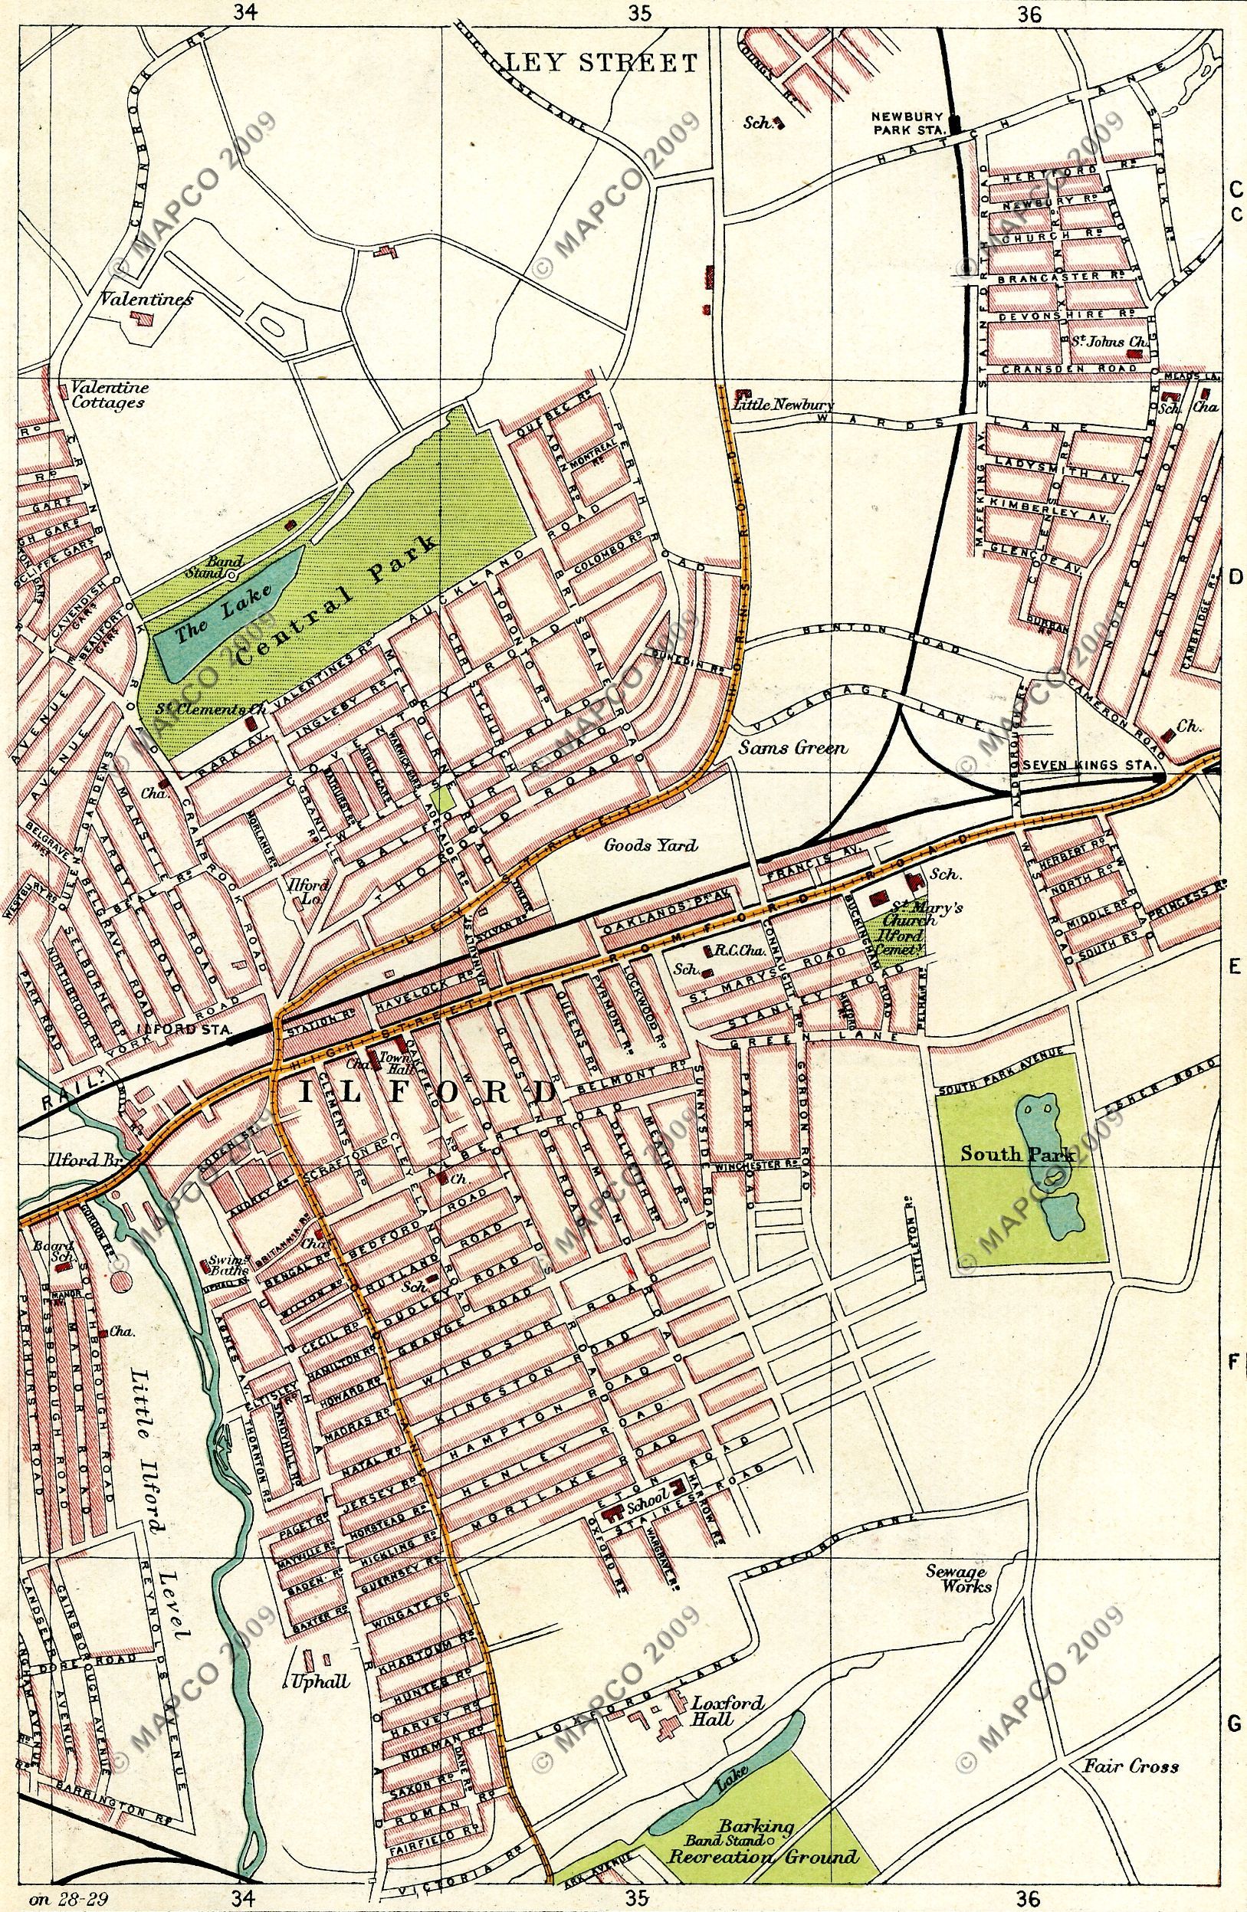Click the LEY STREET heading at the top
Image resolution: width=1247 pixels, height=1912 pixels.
click(x=600, y=63)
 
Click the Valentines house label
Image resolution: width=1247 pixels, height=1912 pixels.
click(x=146, y=300)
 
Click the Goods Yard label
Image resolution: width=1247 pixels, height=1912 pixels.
click(x=650, y=845)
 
